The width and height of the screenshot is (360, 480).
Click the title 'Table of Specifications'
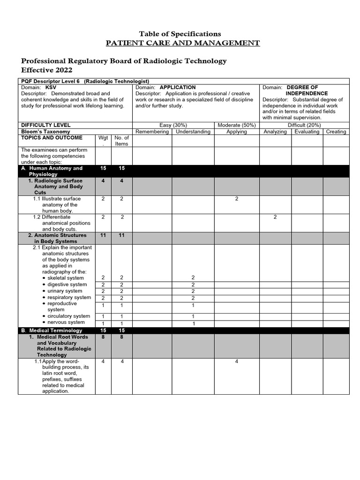pos(180,34)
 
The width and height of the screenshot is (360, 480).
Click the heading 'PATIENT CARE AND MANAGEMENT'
pos(183,43)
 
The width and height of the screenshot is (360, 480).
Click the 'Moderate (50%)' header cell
pos(237,125)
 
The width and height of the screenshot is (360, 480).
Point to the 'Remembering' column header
pos(152,132)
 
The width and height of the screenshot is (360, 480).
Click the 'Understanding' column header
pos(193,132)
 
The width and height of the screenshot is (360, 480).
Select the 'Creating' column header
pos(336,132)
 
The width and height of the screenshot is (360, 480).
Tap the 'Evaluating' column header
pos(307,132)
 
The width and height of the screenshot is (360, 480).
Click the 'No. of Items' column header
pos(121,141)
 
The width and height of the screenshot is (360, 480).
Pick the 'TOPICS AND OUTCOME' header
pos(52,138)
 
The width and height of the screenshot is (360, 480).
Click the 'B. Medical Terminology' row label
pos(52,330)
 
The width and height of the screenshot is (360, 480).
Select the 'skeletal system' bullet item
pos(66,278)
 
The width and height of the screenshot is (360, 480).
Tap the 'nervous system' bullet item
pos(66,322)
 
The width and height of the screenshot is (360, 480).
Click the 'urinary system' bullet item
pos(65,291)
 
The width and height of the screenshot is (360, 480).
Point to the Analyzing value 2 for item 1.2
pos(275,217)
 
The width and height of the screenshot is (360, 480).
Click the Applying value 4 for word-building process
pos(237,361)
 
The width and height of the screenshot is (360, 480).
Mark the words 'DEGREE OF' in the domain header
pos(302,88)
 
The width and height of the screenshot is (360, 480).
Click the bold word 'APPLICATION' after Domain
pos(178,88)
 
